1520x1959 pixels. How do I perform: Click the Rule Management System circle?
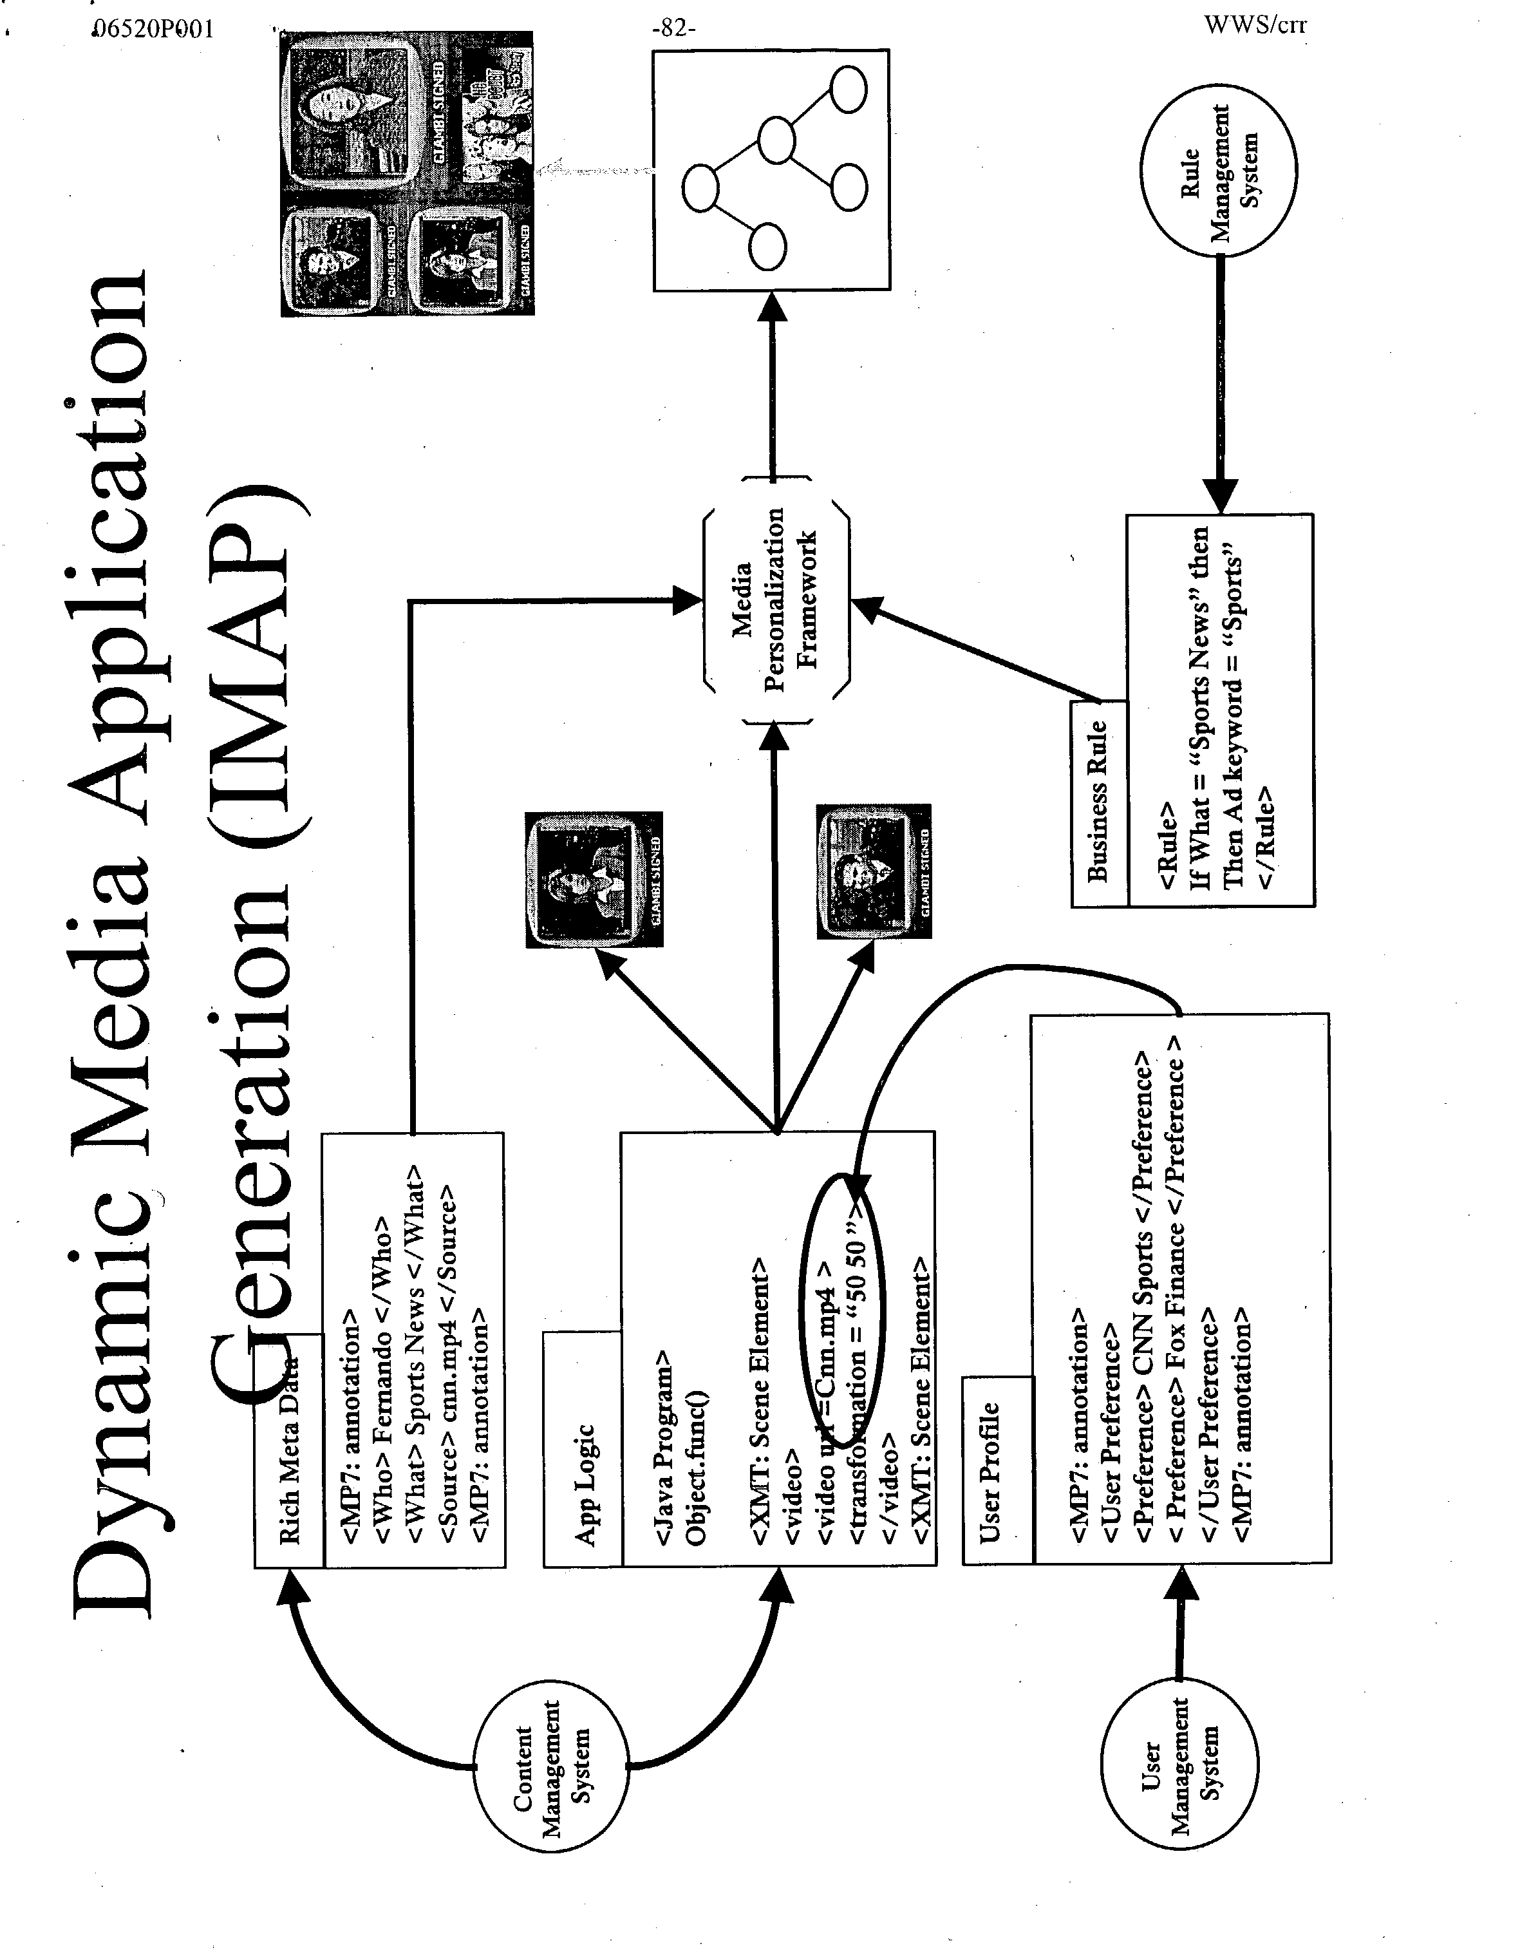click(1218, 169)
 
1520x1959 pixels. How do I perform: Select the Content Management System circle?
click(550, 1766)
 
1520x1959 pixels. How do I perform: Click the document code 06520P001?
click(153, 29)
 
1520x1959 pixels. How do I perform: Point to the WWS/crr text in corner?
click(1255, 24)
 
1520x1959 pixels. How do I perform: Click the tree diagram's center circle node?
click(776, 139)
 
